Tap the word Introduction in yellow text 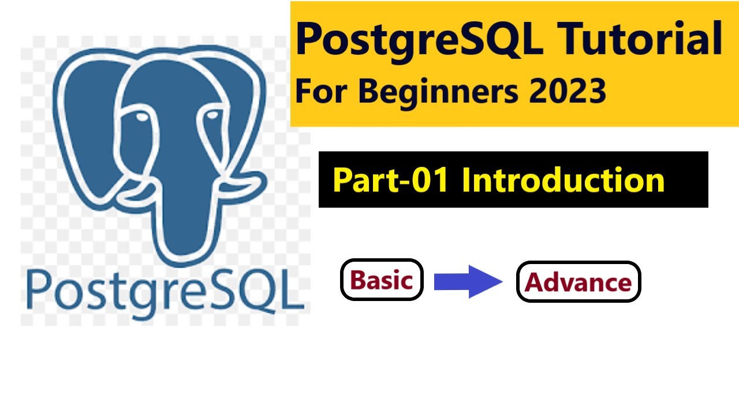(563, 180)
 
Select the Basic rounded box (382, 280)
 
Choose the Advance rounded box (578, 282)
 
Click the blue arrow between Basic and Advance (468, 281)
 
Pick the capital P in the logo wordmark (39, 289)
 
